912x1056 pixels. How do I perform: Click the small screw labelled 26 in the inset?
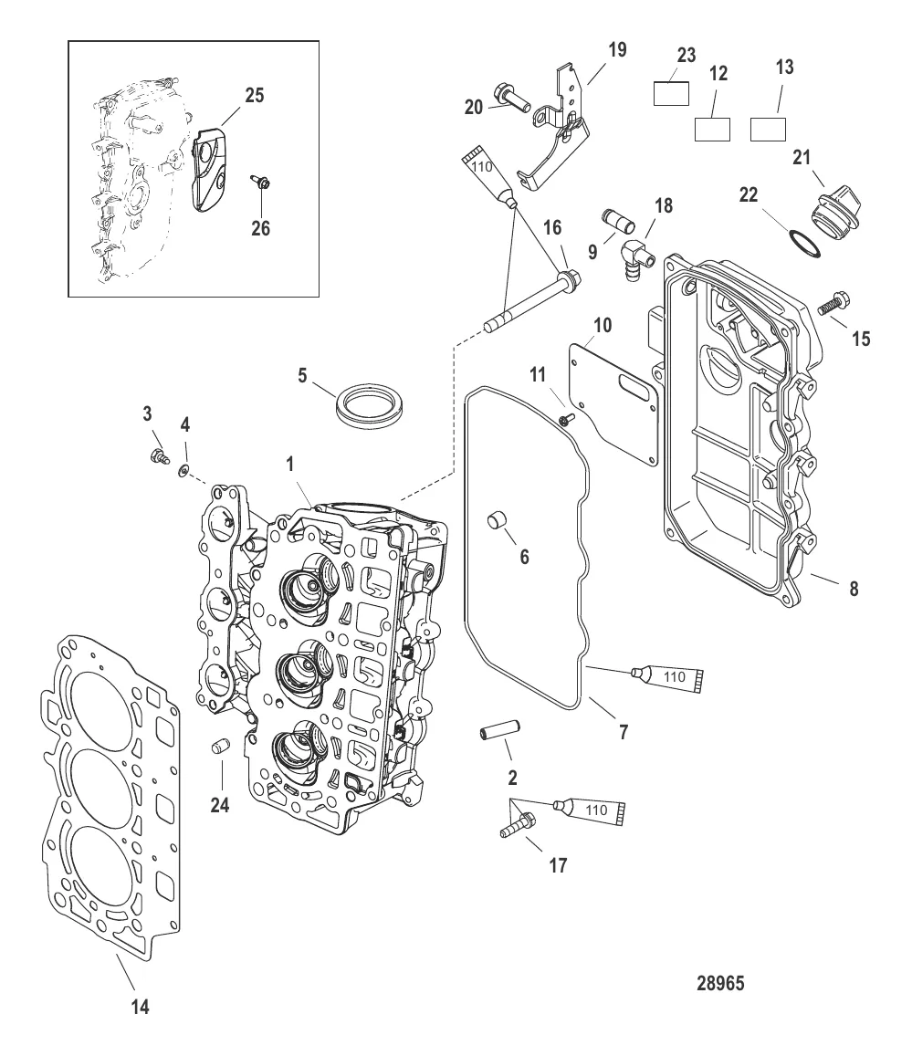tap(261, 185)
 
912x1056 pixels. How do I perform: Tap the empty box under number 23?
tap(675, 94)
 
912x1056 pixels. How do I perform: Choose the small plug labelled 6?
tap(495, 520)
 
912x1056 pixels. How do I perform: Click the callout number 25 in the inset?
tap(255, 95)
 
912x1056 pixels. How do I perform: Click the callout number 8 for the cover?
tap(854, 589)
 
